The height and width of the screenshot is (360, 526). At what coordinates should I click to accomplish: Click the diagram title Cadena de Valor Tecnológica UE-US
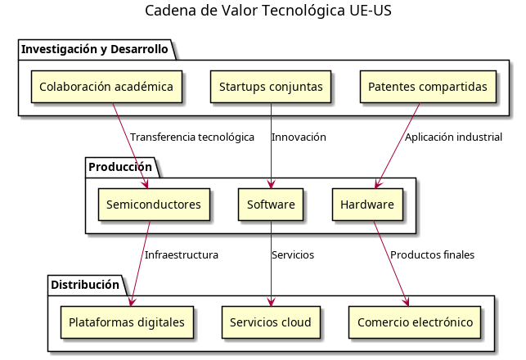point(263,11)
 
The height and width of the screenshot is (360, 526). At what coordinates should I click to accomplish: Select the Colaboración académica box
point(106,87)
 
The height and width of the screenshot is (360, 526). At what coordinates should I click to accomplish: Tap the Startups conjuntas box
point(271,87)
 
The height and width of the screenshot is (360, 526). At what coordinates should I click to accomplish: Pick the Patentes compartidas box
point(429,87)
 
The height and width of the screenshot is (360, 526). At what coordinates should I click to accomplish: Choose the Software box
point(271,205)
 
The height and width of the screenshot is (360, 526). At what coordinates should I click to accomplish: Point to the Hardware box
point(367,205)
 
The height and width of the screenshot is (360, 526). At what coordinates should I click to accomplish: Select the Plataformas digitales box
point(127,322)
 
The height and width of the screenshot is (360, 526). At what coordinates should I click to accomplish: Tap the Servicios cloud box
point(271,322)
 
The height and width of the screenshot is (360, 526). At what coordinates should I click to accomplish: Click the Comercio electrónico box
point(416,322)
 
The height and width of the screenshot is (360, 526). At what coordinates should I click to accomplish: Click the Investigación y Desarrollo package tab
point(94,49)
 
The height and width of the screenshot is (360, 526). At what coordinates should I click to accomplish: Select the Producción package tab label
point(120,167)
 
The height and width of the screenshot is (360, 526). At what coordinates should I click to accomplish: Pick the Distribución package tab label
point(85,285)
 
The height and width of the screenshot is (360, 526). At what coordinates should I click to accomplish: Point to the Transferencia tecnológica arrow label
point(192,137)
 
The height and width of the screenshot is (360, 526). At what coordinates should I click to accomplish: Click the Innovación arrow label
point(299,137)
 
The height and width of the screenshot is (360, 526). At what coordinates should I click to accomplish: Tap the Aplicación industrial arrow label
point(453,137)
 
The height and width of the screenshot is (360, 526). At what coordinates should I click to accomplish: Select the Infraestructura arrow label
point(182,254)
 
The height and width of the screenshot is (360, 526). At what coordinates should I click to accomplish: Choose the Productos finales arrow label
point(432,254)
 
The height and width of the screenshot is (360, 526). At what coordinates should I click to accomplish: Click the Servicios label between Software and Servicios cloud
point(293,254)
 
